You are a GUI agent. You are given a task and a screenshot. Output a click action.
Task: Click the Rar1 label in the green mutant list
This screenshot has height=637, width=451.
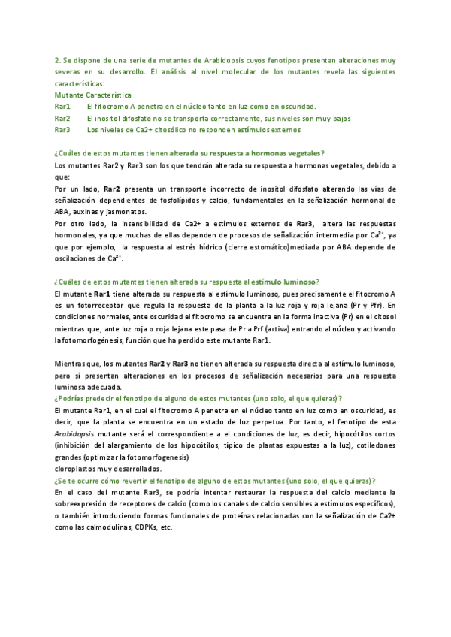point(62,107)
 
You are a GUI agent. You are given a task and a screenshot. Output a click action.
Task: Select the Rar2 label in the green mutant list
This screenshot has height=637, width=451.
point(62,119)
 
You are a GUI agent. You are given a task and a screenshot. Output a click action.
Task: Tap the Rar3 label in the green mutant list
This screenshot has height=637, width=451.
point(62,130)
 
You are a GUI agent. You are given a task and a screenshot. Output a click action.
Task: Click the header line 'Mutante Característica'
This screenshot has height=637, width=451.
point(93,95)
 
